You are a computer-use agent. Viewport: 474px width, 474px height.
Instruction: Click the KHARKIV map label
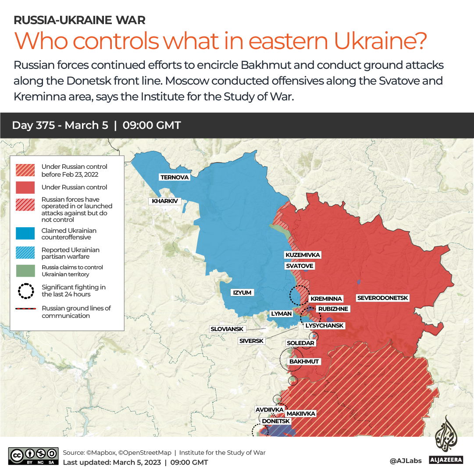click(x=165, y=201)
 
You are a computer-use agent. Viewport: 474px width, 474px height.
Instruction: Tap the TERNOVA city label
click(x=175, y=177)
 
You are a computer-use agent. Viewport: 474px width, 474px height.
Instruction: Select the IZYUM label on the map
click(x=242, y=292)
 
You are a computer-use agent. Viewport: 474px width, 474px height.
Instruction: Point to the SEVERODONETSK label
click(x=383, y=298)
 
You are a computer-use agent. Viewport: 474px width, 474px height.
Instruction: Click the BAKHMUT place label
click(x=304, y=362)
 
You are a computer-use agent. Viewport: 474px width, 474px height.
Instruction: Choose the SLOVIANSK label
click(x=227, y=329)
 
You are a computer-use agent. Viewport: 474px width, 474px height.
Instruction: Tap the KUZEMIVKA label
click(x=303, y=255)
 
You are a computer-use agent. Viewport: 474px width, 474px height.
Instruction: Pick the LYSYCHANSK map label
click(x=324, y=326)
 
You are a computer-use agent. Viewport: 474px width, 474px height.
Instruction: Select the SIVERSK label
click(x=251, y=341)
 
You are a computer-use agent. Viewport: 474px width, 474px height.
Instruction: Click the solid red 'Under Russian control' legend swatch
click(x=25, y=187)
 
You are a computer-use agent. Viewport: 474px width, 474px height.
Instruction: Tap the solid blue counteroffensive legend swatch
click(x=25, y=234)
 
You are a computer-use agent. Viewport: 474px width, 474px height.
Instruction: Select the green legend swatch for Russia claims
click(x=25, y=271)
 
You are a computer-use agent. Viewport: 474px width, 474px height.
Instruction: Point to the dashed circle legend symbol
click(x=25, y=291)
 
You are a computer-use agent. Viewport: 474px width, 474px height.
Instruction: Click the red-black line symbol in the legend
click(x=25, y=309)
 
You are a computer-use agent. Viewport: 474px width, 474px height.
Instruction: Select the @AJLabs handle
click(x=406, y=461)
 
